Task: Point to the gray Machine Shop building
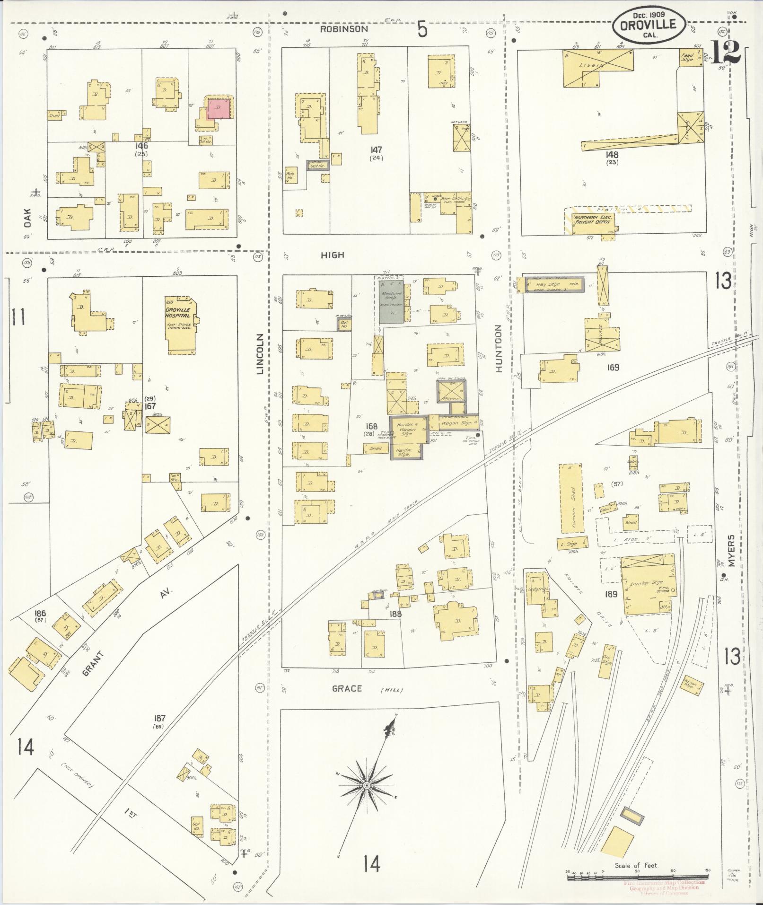coord(391,302)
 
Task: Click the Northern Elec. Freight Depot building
coord(592,220)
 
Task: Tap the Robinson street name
coord(343,29)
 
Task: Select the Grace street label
coord(347,688)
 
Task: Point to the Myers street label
coord(732,551)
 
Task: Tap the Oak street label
coord(27,218)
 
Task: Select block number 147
coord(377,150)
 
